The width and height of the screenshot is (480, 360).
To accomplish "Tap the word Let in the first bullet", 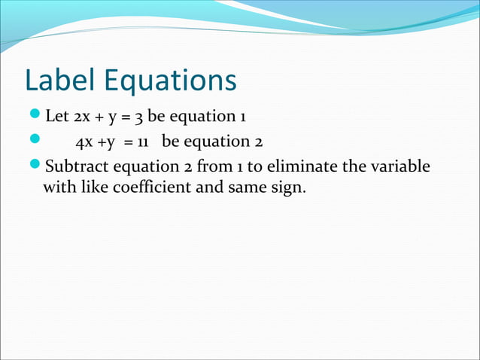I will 57,117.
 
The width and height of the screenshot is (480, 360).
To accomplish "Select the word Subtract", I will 76,165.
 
